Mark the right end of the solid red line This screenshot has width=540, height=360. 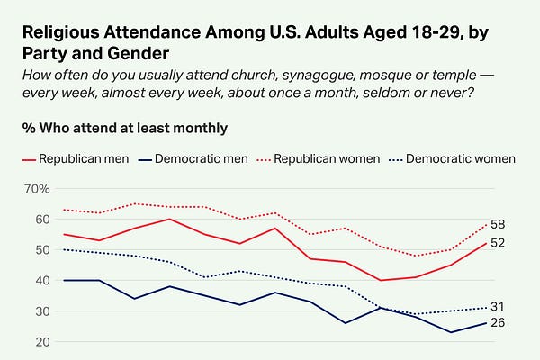coord(486,243)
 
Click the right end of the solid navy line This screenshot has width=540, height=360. coord(486,323)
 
